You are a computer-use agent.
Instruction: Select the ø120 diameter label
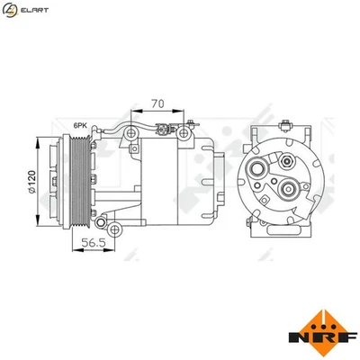click(31, 181)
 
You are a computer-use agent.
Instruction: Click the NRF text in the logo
click(316, 337)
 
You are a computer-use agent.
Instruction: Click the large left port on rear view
click(265, 164)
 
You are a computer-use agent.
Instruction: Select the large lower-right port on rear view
click(288, 190)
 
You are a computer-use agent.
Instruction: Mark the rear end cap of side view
click(217, 180)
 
